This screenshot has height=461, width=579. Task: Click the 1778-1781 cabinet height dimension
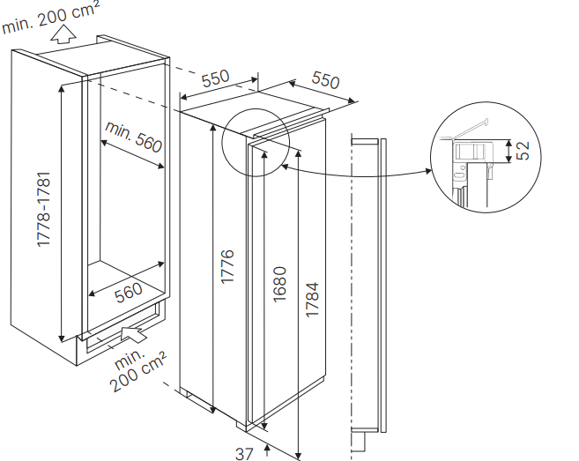click(44, 209)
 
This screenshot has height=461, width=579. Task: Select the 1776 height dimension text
click(227, 266)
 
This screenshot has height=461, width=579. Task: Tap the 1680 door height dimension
click(279, 284)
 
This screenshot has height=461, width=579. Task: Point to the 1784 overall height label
click(312, 299)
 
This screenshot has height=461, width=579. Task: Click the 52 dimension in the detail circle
click(523, 151)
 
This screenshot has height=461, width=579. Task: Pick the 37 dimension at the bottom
click(244, 454)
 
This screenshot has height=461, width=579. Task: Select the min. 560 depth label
click(134, 137)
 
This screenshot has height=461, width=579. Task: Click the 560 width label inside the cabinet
click(128, 293)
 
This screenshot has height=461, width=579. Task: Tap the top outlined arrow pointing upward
click(63, 34)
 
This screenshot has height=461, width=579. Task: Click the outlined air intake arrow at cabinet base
click(133, 334)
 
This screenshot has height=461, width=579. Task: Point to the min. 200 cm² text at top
click(50, 18)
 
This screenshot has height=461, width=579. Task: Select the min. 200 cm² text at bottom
click(137, 369)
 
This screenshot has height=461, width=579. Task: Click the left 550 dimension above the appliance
click(215, 78)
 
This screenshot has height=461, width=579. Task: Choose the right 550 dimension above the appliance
click(325, 80)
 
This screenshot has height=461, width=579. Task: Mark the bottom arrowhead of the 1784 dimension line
click(299, 457)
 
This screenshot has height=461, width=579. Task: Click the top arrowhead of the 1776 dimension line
click(213, 128)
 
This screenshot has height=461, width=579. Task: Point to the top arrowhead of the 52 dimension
click(508, 144)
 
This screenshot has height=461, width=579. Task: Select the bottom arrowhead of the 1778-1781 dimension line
click(62, 338)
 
